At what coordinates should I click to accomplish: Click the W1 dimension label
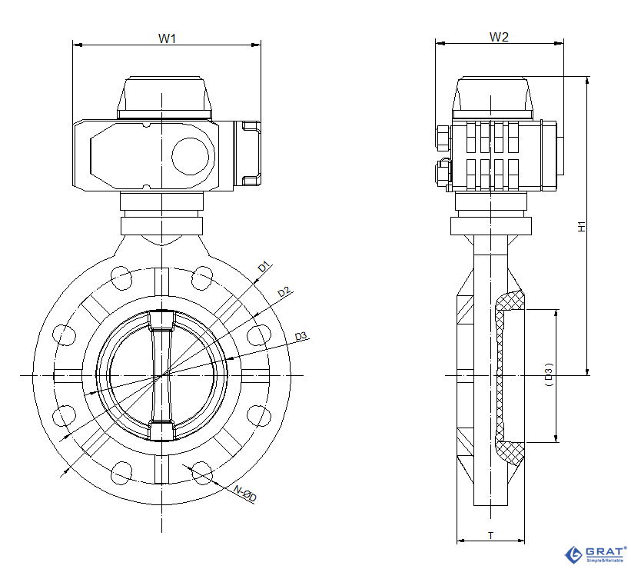coord(168,38)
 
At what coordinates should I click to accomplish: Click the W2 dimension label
coord(499,36)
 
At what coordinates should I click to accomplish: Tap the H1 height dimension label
coord(582,227)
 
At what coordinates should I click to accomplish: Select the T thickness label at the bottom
coord(490,534)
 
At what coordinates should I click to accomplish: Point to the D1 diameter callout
coord(264,268)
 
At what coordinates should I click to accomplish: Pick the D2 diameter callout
coord(284,292)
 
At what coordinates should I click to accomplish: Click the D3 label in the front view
coord(301,336)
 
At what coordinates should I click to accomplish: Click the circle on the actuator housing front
coord(190,155)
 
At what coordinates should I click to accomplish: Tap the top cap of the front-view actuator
coord(164,96)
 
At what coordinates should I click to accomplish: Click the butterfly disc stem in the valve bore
coord(162,375)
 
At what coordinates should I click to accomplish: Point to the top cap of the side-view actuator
coord(494,96)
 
